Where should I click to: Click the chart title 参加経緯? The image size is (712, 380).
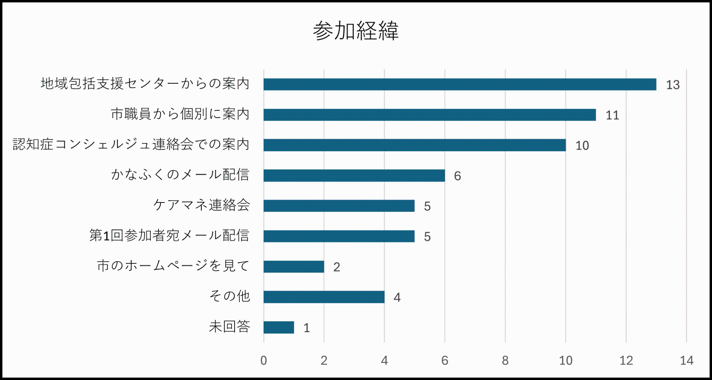pyautogui.click(x=356, y=31)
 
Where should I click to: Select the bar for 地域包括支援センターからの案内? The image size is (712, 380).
pyautogui.click(x=460, y=84)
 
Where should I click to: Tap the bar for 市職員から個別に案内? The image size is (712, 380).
pyautogui.click(x=429, y=115)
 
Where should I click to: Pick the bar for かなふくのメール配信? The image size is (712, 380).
pyautogui.click(x=354, y=175)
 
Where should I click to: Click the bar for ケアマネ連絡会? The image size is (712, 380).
pyautogui.click(x=339, y=206)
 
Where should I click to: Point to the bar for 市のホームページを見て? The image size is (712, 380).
pyautogui.click(x=294, y=267)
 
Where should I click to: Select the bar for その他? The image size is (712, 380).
pyautogui.click(x=324, y=297)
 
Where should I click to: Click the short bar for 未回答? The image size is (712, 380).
pyautogui.click(x=279, y=327)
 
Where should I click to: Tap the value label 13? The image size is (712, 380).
pyautogui.click(x=672, y=85)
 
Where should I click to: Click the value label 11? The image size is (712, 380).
pyautogui.click(x=612, y=115)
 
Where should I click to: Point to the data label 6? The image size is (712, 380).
pyautogui.click(x=457, y=176)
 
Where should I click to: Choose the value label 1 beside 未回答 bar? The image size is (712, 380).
pyautogui.click(x=307, y=328)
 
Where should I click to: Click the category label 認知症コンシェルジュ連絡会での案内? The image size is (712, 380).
pyautogui.click(x=131, y=144)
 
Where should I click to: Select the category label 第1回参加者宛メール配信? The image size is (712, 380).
pyautogui.click(x=169, y=235)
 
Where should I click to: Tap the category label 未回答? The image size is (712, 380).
pyautogui.click(x=230, y=327)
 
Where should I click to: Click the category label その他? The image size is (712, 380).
pyautogui.click(x=230, y=296)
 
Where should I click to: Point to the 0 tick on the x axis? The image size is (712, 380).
pyautogui.click(x=263, y=360)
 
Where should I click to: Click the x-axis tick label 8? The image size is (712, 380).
pyautogui.click(x=505, y=360)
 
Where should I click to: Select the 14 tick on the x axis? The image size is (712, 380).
pyautogui.click(x=686, y=360)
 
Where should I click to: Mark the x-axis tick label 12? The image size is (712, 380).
pyautogui.click(x=626, y=360)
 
